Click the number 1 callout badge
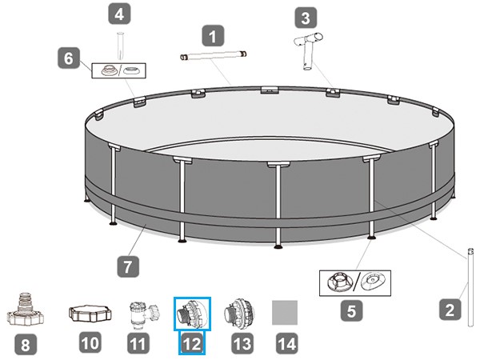[213, 36]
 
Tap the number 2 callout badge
[450, 310]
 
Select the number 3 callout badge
[306, 18]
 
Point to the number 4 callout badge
[119, 14]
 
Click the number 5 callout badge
[351, 310]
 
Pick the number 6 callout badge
[69, 58]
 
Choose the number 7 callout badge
[128, 266]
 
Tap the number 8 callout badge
[25, 344]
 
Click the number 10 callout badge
[90, 342]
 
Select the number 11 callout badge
[138, 343]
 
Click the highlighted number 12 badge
[192, 343]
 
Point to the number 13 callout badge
[242, 343]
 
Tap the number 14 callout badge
[287, 343]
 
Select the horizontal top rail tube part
[213, 57]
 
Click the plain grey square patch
[285, 312]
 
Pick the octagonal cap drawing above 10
[90, 313]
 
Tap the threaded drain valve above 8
[25, 309]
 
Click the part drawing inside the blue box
[192, 314]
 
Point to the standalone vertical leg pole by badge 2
[471, 287]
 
